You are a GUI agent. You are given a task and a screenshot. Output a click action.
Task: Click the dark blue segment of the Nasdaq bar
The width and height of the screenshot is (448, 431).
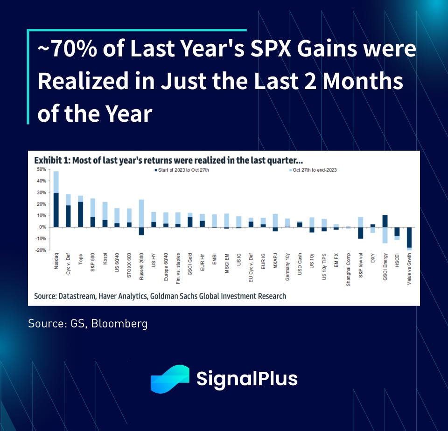56,210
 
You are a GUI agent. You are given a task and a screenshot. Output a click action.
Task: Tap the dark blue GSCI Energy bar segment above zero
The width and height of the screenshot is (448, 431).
385,221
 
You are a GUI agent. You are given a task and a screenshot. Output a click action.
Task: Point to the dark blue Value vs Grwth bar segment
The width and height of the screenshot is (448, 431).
409,237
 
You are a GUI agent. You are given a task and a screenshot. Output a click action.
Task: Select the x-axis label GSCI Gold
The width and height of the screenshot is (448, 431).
190,265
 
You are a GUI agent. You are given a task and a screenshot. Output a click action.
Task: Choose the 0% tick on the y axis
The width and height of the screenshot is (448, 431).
42,227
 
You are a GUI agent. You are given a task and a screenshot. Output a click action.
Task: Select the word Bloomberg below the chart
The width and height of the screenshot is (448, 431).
121,323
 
